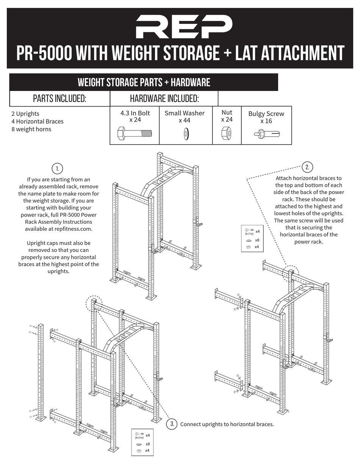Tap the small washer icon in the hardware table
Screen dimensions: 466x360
tap(186, 133)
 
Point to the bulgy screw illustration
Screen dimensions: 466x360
tap(266, 133)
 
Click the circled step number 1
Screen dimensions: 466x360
tap(57, 168)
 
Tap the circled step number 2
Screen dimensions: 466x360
tap(307, 167)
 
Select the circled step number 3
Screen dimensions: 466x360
tap(172, 424)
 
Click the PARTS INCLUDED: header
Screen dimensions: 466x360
tap(59, 99)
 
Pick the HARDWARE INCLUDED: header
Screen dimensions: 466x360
tap(164, 99)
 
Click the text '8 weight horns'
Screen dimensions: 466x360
tap(31, 129)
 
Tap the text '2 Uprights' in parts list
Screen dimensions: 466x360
tap(25, 114)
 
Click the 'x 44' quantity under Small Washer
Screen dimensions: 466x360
tap(185, 121)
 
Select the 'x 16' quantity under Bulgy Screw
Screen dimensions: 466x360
tap(266, 121)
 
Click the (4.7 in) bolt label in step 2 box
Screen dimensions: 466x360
tap(249, 234)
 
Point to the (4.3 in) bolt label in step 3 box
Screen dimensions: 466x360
tap(139, 438)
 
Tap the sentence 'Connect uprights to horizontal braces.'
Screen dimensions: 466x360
tap(227, 424)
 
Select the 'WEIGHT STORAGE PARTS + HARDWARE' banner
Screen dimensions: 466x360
tap(144, 82)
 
